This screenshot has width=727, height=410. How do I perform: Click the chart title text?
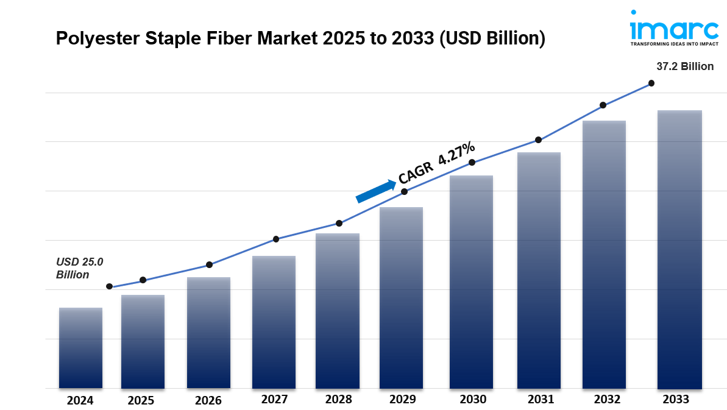point(300,39)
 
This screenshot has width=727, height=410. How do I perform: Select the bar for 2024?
point(80,348)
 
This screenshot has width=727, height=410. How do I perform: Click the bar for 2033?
point(679,249)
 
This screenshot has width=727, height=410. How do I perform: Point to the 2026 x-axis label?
point(208,400)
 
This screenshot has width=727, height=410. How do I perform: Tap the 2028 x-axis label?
point(338,400)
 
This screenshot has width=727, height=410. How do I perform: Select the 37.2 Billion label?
point(684,66)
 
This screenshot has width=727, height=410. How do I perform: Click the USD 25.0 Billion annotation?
point(80,268)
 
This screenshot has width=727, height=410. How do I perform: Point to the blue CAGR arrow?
point(375,191)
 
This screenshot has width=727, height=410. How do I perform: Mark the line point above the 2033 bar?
point(651,83)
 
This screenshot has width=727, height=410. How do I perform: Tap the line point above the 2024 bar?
point(109,286)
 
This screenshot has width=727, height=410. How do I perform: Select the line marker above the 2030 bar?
point(472,162)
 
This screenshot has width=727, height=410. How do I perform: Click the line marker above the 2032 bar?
point(603,105)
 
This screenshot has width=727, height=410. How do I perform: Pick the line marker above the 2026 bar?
point(209,265)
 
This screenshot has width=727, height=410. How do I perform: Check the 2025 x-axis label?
point(141,400)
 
